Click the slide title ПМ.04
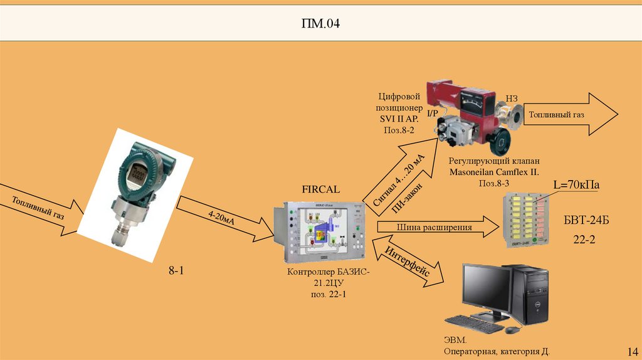coord(321,24)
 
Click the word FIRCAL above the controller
coord(320,188)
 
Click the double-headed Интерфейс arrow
coord(408,263)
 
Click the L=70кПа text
coord(576,185)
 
